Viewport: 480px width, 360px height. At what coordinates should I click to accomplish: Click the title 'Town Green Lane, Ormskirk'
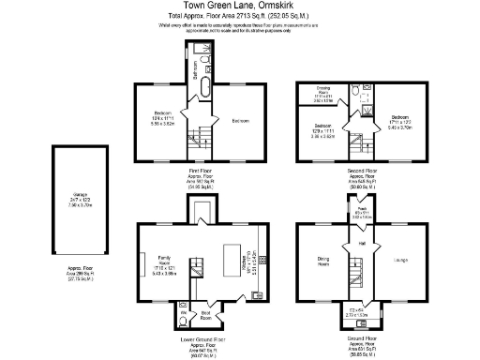tap(239, 7)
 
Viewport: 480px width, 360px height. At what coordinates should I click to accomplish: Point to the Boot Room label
tap(205, 314)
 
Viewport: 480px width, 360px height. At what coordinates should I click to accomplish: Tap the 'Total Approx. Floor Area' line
tap(239, 17)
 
